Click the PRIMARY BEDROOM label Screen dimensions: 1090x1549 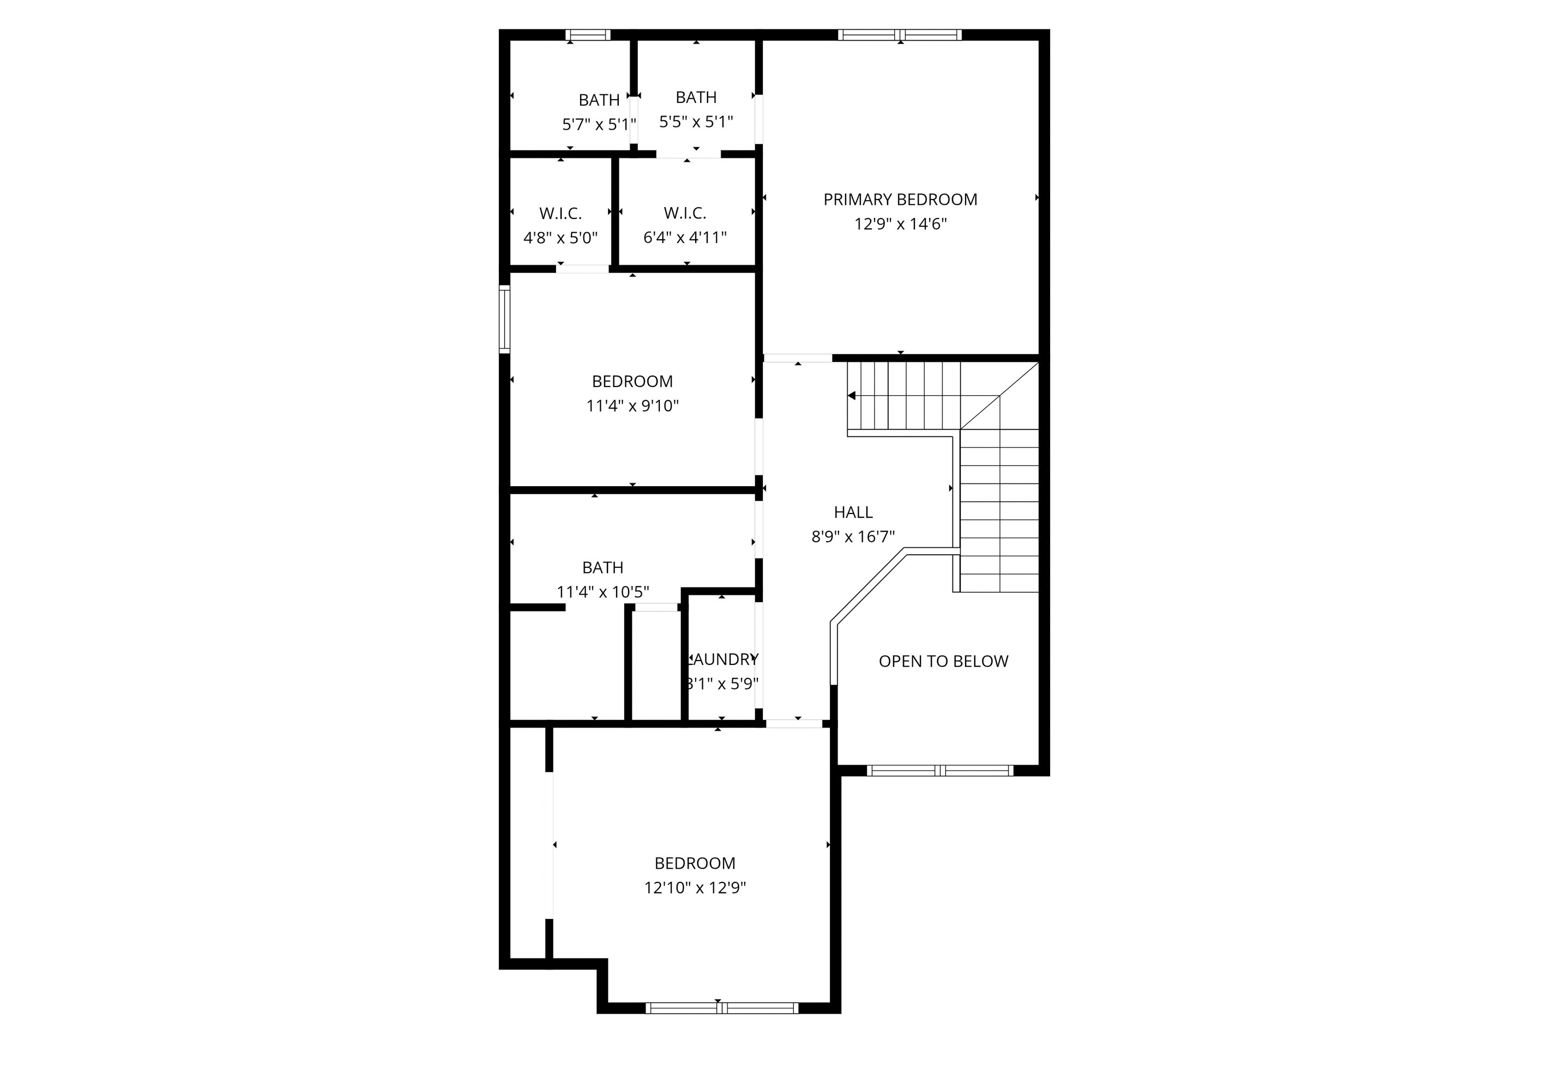pyautogui.click(x=900, y=199)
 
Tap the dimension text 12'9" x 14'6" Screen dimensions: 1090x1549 pyautogui.click(x=900, y=224)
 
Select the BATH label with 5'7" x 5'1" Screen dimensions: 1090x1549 pyautogui.click(x=599, y=100)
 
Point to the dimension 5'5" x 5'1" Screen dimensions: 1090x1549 pyautogui.click(x=696, y=122)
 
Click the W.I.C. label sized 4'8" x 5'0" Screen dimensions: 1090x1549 pyautogui.click(x=560, y=213)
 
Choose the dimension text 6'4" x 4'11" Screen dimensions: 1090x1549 pyautogui.click(x=685, y=238)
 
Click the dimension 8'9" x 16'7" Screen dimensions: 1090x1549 pyautogui.click(x=853, y=537)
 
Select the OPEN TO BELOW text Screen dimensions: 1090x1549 pyautogui.click(x=943, y=662)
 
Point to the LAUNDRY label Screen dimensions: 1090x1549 pyautogui.click(x=722, y=659)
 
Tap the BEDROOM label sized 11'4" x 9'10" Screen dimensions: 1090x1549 pyautogui.click(x=632, y=381)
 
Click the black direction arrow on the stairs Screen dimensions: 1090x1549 pyautogui.click(x=852, y=396)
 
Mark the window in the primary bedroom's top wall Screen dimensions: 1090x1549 pyautogui.click(x=900, y=35)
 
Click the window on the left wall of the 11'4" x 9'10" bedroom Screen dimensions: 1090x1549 pyautogui.click(x=504, y=319)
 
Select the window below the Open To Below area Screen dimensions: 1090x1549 pyautogui.click(x=940, y=770)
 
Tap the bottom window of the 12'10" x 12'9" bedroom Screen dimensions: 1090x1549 pyautogui.click(x=722, y=1008)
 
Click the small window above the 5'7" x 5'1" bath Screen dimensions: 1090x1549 pyautogui.click(x=588, y=35)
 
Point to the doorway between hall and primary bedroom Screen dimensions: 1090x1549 pyautogui.click(x=798, y=358)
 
